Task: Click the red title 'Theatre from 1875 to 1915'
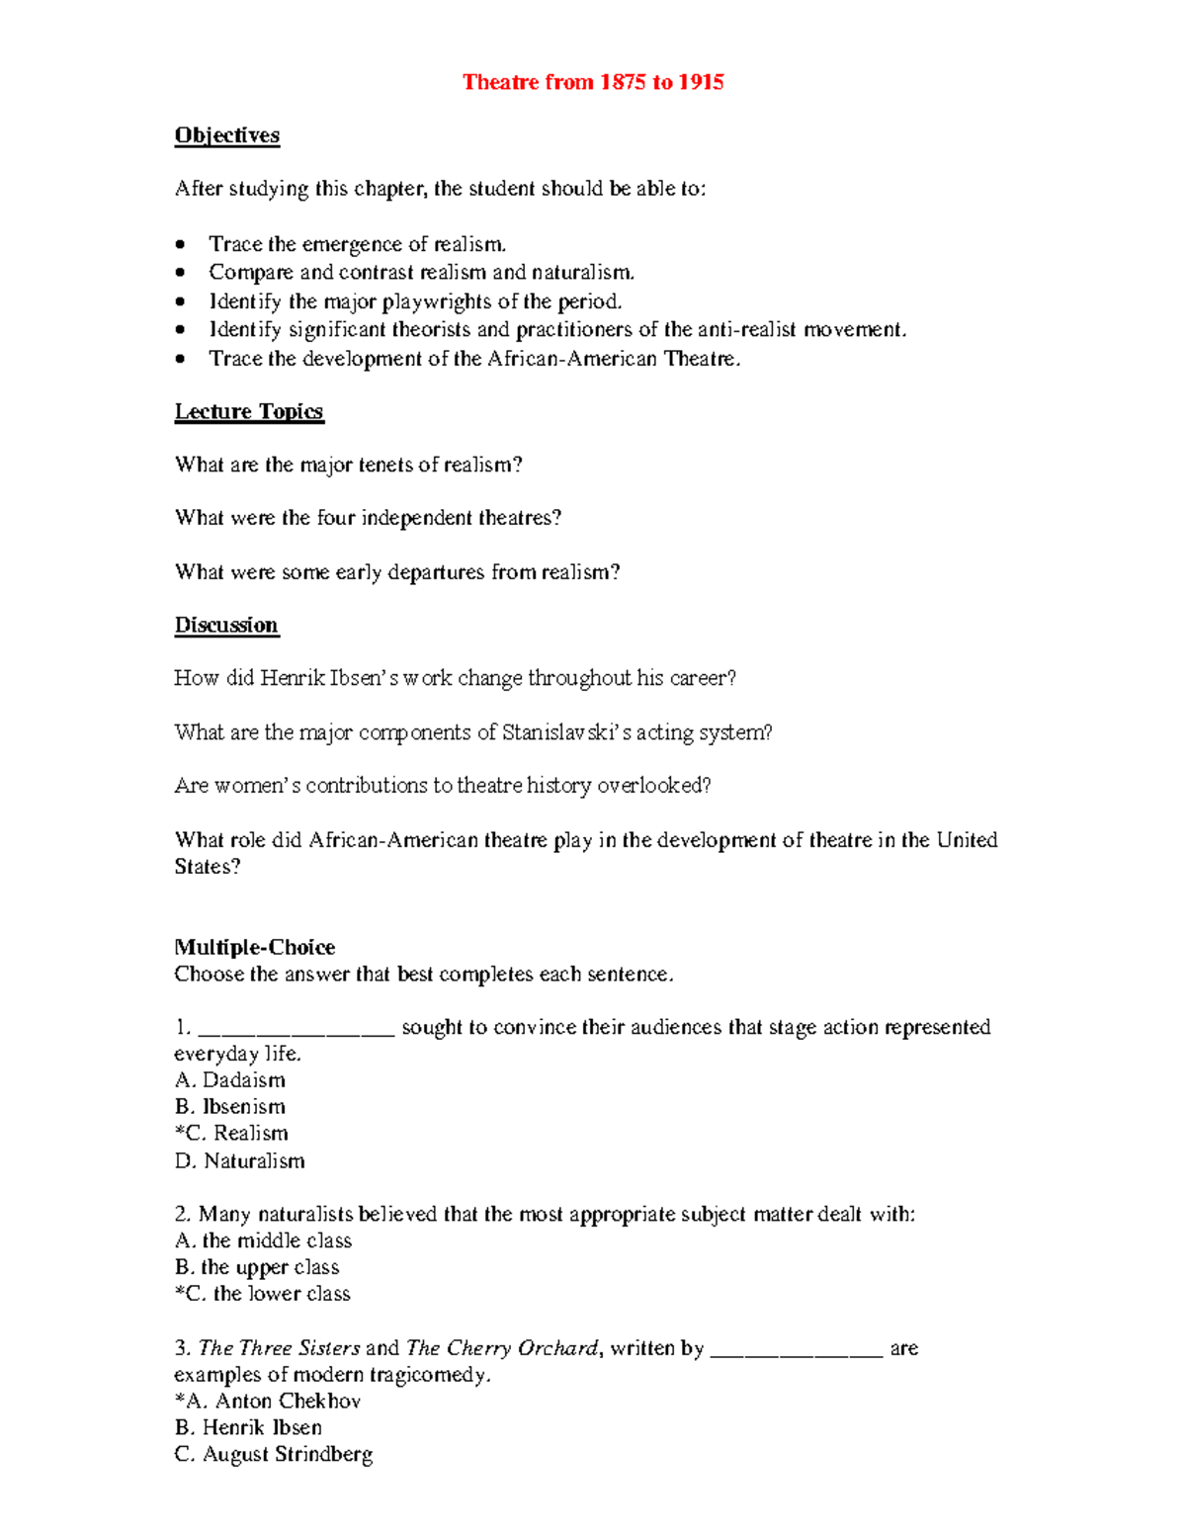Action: click(x=593, y=82)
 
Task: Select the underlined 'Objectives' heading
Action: click(x=227, y=135)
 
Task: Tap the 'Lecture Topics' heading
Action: click(x=249, y=411)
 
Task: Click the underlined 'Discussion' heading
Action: click(x=226, y=625)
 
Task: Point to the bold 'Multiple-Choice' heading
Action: click(x=255, y=947)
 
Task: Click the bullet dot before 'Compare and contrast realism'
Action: click(x=180, y=273)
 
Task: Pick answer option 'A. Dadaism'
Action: click(x=230, y=1080)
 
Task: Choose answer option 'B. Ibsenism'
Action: click(x=230, y=1107)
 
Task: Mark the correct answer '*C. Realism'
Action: click(x=232, y=1134)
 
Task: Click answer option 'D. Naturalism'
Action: click(x=240, y=1161)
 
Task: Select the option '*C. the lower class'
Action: click(x=263, y=1294)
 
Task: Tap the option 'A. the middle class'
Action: click(x=264, y=1240)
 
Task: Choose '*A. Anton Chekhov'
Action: click(x=268, y=1401)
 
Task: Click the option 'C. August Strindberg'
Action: click(x=274, y=1454)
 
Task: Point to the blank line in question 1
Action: click(x=296, y=1032)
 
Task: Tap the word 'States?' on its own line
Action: click(x=208, y=867)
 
